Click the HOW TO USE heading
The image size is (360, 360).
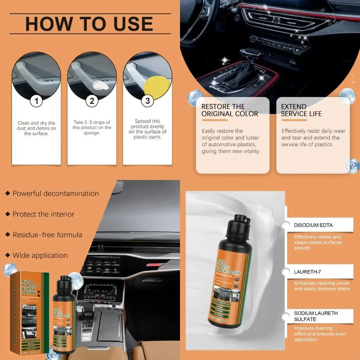point(89,24)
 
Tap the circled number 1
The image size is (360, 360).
point(36,101)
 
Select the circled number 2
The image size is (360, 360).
point(92,101)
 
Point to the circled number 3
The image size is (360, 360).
point(147,101)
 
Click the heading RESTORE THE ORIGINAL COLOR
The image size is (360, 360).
point(230,110)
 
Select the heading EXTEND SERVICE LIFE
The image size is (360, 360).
point(301,110)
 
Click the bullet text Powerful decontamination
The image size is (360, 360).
point(56,193)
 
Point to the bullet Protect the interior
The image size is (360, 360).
point(43,214)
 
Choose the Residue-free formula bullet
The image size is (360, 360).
point(47,234)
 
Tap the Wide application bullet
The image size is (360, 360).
point(40,255)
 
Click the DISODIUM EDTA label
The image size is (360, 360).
point(313,225)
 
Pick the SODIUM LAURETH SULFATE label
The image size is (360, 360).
point(311,316)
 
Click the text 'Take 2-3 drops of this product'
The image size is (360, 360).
point(92,125)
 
